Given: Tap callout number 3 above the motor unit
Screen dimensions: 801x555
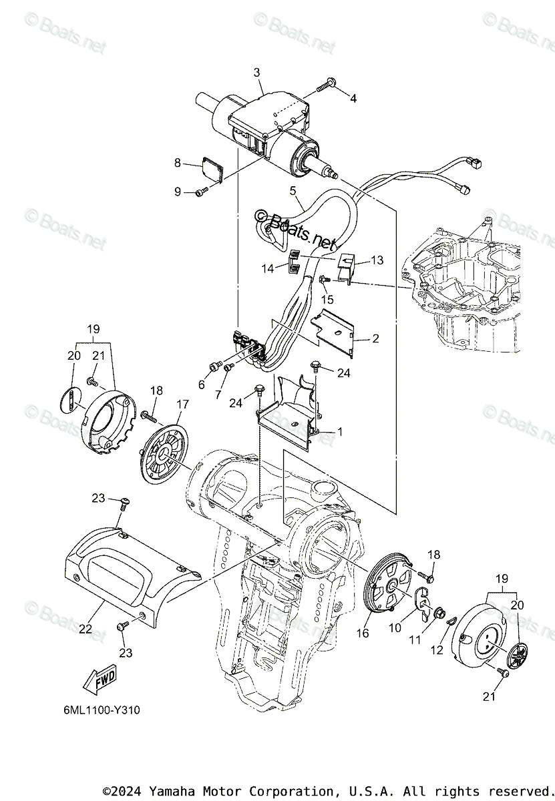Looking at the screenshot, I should coord(256,73).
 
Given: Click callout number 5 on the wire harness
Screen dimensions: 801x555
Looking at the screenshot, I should coord(292,191).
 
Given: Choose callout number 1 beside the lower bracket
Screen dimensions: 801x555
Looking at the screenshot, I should coord(339,433).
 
